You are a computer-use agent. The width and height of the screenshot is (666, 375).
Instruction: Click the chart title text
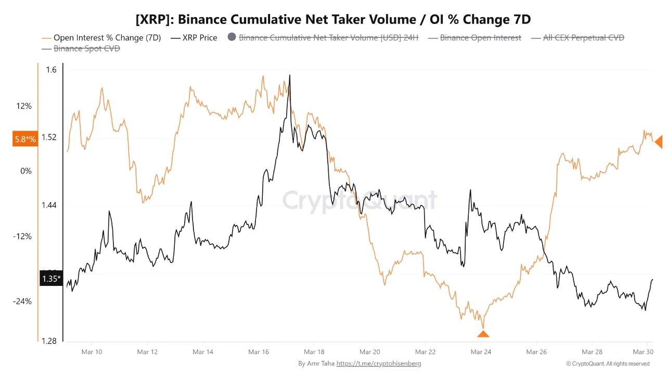pos(333,20)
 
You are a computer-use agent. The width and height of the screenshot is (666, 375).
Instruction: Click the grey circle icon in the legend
pos(232,37)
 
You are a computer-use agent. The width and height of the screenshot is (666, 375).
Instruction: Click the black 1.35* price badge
pos(51,279)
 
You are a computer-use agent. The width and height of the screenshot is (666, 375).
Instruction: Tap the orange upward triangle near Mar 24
pos(483,334)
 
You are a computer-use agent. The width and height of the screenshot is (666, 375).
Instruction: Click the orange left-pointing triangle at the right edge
pos(659,141)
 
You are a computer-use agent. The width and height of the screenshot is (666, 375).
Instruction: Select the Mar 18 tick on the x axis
pos(314,352)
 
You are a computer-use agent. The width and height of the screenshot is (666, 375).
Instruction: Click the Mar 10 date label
pos(92,352)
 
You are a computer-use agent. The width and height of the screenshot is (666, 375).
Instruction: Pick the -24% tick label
pos(22,301)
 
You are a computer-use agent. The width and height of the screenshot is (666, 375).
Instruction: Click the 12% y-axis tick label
pos(24,106)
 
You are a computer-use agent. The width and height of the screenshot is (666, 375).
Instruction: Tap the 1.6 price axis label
pos(51,70)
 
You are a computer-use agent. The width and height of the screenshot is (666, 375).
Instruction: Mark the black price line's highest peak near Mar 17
pos(289,76)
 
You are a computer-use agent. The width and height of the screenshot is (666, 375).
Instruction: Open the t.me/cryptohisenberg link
pos(379,364)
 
